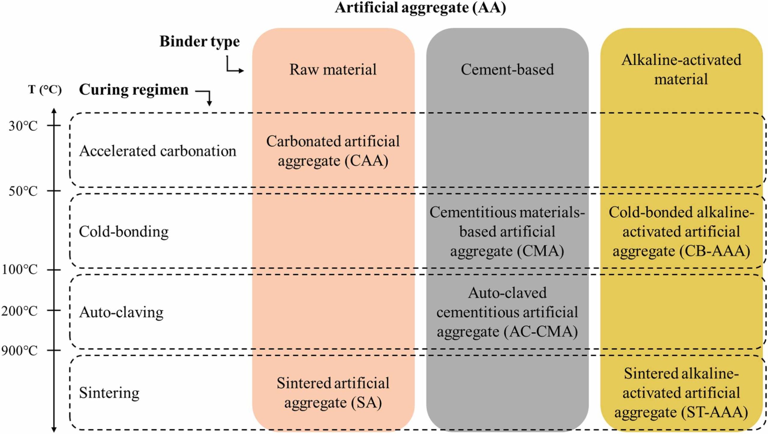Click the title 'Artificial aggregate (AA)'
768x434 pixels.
[x=420, y=8]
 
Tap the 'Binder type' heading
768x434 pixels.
[x=199, y=41]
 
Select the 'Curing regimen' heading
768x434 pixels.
[x=133, y=90]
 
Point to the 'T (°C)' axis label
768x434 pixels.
[x=45, y=90]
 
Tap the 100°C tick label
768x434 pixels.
[x=20, y=270]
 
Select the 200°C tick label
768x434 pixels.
[x=20, y=311]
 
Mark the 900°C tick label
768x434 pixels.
[x=20, y=351]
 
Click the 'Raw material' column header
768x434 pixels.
[x=333, y=70]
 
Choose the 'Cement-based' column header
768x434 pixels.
[x=507, y=70]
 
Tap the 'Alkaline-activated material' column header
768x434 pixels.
[x=681, y=70]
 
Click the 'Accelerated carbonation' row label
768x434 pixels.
[x=157, y=151]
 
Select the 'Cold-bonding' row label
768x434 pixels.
[x=124, y=232]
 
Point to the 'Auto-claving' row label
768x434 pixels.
[x=121, y=312]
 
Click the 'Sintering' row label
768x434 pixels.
[x=109, y=393]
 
